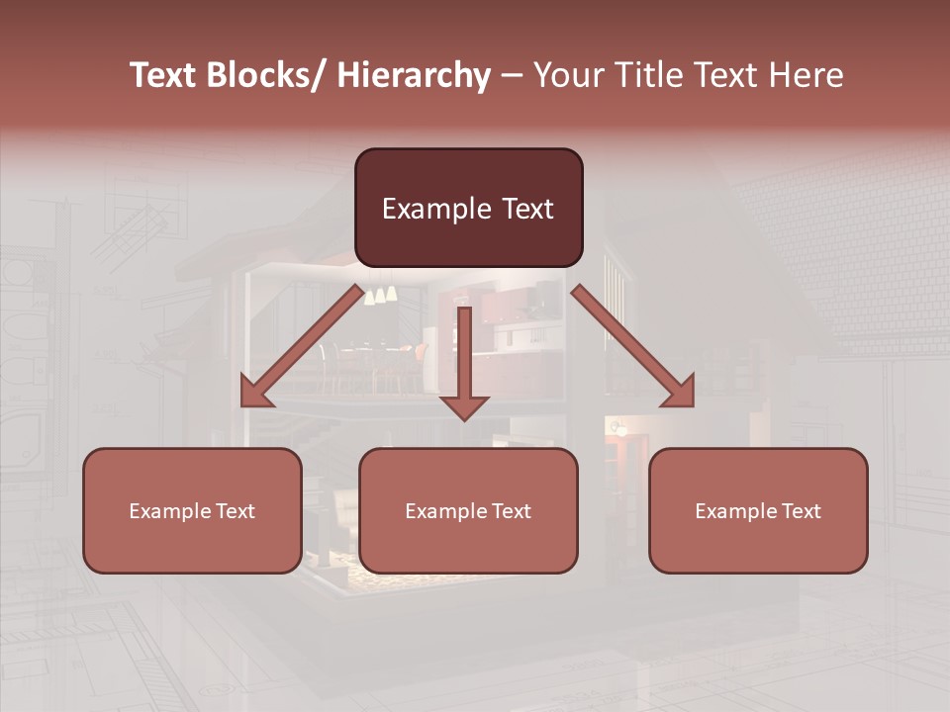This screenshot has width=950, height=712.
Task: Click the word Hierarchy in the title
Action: pyautogui.click(x=414, y=76)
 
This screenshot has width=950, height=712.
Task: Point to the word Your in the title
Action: pyautogui.click(x=568, y=76)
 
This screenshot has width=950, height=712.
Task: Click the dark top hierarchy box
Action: pyautogui.click(x=468, y=208)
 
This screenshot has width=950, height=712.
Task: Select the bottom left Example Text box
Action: pyautogui.click(x=192, y=510)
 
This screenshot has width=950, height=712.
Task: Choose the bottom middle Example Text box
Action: pyautogui.click(x=468, y=510)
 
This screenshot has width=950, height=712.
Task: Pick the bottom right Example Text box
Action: pyautogui.click(x=758, y=510)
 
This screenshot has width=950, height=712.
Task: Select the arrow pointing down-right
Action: pyautogui.click(x=633, y=346)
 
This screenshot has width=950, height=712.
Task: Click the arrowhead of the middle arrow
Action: pyautogui.click(x=464, y=405)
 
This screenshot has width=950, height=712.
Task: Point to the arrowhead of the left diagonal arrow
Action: pyautogui.click(x=255, y=393)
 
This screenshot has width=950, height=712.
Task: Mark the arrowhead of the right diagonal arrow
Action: pyautogui.click(x=680, y=393)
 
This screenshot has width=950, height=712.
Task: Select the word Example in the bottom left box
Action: pyautogui.click(x=167, y=511)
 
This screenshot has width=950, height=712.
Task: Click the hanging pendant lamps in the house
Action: pyautogui.click(x=381, y=294)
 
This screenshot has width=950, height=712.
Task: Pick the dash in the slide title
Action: pyautogui.click(x=512, y=76)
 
